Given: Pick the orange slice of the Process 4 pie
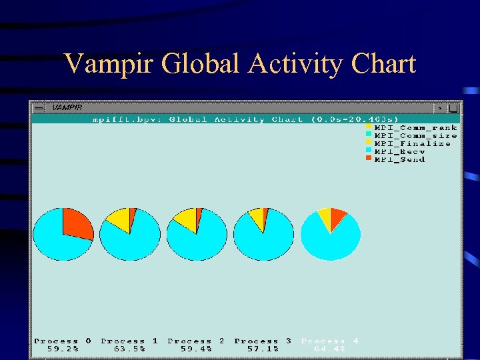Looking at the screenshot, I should (338, 216).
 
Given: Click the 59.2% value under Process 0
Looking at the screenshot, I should (63, 349).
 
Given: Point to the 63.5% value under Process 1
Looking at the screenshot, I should (129, 349).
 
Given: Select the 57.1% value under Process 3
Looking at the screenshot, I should (263, 349).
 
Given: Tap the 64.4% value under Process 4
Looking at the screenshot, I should (329, 349).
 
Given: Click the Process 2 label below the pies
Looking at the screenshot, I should (196, 341).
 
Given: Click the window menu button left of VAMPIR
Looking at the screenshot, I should (39, 107).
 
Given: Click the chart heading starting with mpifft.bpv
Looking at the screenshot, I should (245, 119).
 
